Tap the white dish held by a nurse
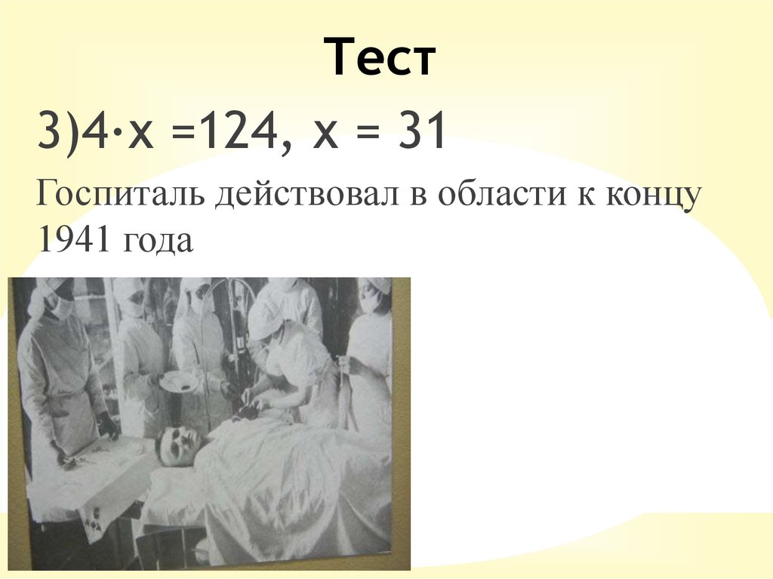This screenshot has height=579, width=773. coord(179,380)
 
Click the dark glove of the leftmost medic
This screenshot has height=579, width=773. coord(108,427)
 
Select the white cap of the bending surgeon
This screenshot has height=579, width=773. coord(265,319)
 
